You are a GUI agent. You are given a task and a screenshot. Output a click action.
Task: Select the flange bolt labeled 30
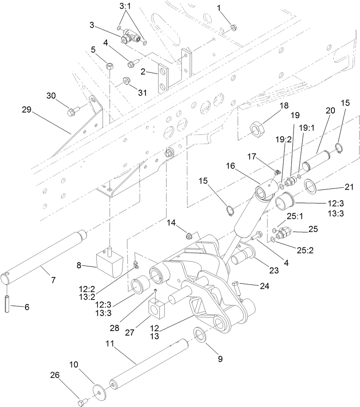click(72, 112)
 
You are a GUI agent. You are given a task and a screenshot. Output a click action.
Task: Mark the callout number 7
click(53, 280)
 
